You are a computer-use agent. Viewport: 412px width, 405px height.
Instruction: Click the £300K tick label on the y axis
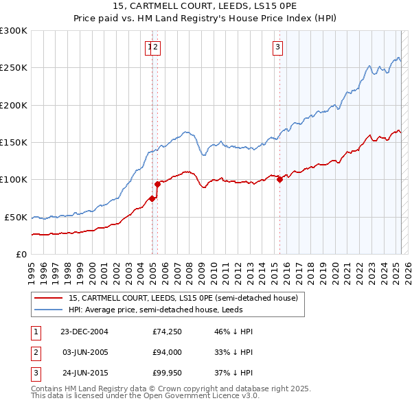pyautogui.click(x=14, y=31)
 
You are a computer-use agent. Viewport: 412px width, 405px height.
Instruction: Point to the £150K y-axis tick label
pyautogui.click(x=14, y=142)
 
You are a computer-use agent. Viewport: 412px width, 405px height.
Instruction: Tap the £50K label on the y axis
pyautogui.click(x=16, y=217)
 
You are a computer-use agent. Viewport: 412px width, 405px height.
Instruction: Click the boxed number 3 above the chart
pyautogui.click(x=277, y=47)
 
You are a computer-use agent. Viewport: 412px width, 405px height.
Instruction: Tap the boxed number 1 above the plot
pyautogui.click(x=149, y=47)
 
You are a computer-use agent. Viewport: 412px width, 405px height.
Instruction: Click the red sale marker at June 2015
pyautogui.click(x=279, y=180)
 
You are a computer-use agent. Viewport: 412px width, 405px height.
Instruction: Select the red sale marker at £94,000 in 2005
pyautogui.click(x=157, y=184)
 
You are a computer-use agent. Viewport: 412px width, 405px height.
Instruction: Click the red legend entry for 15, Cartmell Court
pyautogui.click(x=183, y=298)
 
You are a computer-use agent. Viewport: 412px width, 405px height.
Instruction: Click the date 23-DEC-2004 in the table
pyautogui.click(x=84, y=332)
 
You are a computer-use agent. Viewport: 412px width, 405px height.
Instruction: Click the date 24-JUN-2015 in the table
pyautogui.click(x=84, y=374)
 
